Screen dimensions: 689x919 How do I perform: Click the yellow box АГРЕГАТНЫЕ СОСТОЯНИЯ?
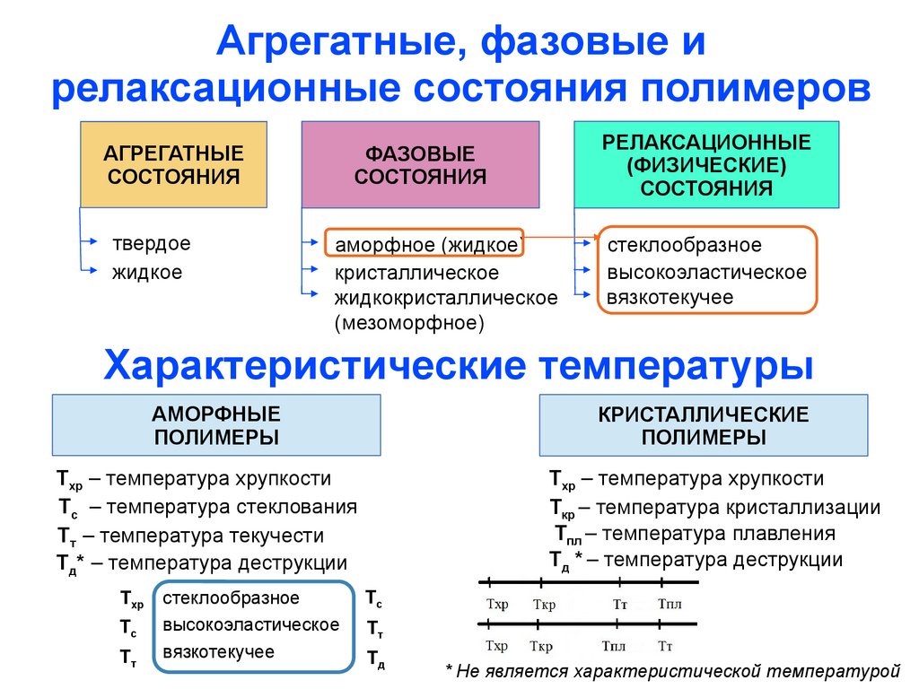coord(174,165)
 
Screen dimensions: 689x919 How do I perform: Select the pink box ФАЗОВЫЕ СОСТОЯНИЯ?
coord(420,165)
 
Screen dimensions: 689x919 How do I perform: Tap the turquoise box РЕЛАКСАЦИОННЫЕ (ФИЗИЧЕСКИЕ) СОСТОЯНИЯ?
coord(706,165)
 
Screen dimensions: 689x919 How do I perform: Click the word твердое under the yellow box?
coord(151,244)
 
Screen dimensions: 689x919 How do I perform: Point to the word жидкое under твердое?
coord(146,272)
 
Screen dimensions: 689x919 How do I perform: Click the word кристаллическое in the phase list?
coord(416,273)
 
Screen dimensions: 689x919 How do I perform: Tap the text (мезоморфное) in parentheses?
coord(409,322)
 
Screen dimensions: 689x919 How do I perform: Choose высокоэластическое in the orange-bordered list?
coord(706,273)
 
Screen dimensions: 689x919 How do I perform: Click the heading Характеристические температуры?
coord(459,366)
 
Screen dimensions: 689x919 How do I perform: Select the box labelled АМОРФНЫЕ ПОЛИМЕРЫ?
coord(215,425)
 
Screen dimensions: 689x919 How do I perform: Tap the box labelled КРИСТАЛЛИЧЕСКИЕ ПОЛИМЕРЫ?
coord(704,425)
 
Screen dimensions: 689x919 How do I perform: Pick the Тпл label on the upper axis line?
coord(670,604)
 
